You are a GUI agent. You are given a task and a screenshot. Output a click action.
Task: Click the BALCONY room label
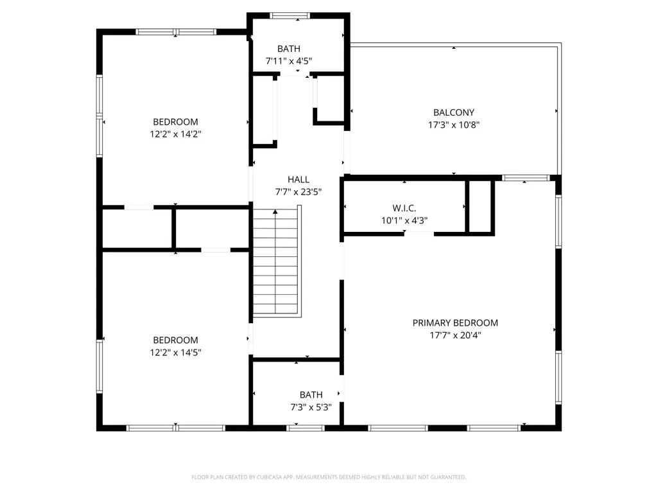454,112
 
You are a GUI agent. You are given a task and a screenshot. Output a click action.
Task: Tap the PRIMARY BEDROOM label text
455,323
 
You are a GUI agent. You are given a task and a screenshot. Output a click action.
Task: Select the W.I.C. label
404,208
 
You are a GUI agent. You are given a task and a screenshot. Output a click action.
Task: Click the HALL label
299,180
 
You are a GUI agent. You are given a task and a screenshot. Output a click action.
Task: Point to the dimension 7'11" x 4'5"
289,61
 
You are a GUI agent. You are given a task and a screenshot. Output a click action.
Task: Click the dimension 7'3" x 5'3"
311,407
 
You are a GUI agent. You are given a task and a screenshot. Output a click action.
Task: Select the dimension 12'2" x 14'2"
175,134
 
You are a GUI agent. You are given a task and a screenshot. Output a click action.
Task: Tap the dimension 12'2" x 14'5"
175,353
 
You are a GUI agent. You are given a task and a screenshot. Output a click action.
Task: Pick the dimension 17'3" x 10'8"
454,125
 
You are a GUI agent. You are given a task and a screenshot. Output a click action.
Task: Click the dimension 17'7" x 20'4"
455,335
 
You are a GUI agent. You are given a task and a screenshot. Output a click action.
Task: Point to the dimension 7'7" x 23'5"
299,192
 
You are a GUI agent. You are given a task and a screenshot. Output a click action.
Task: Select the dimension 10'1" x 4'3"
404,220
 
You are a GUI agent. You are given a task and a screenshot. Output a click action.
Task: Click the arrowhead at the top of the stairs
275,212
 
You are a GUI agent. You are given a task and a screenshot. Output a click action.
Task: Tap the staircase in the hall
277,261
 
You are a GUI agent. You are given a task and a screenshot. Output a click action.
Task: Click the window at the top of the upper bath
290,16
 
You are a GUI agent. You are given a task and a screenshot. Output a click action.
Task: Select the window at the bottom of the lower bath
306,428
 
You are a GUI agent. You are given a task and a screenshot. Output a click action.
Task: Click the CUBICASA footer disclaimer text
329,477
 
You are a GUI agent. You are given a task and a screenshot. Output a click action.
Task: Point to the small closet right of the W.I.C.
480,206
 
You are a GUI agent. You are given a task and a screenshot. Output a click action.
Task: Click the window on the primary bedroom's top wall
526,178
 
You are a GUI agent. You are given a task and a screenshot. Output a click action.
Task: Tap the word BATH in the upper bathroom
289,49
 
